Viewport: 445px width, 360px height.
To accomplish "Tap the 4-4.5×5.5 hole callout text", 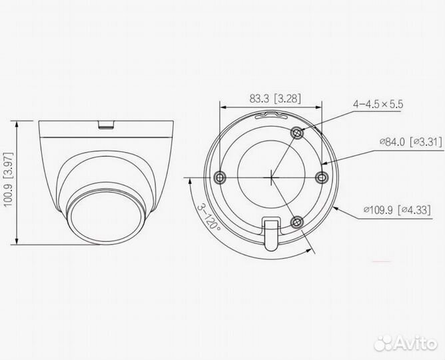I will point(378,104).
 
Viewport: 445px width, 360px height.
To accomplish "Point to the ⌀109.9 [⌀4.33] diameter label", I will point(396,210).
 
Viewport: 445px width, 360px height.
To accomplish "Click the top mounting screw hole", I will point(298,133).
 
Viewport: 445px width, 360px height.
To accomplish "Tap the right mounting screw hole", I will point(320,177).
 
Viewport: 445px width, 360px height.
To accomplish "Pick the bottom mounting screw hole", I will point(298,221).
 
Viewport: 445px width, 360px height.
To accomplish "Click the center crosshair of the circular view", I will point(271,177).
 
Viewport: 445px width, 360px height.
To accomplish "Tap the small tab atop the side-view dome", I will point(106,123).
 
